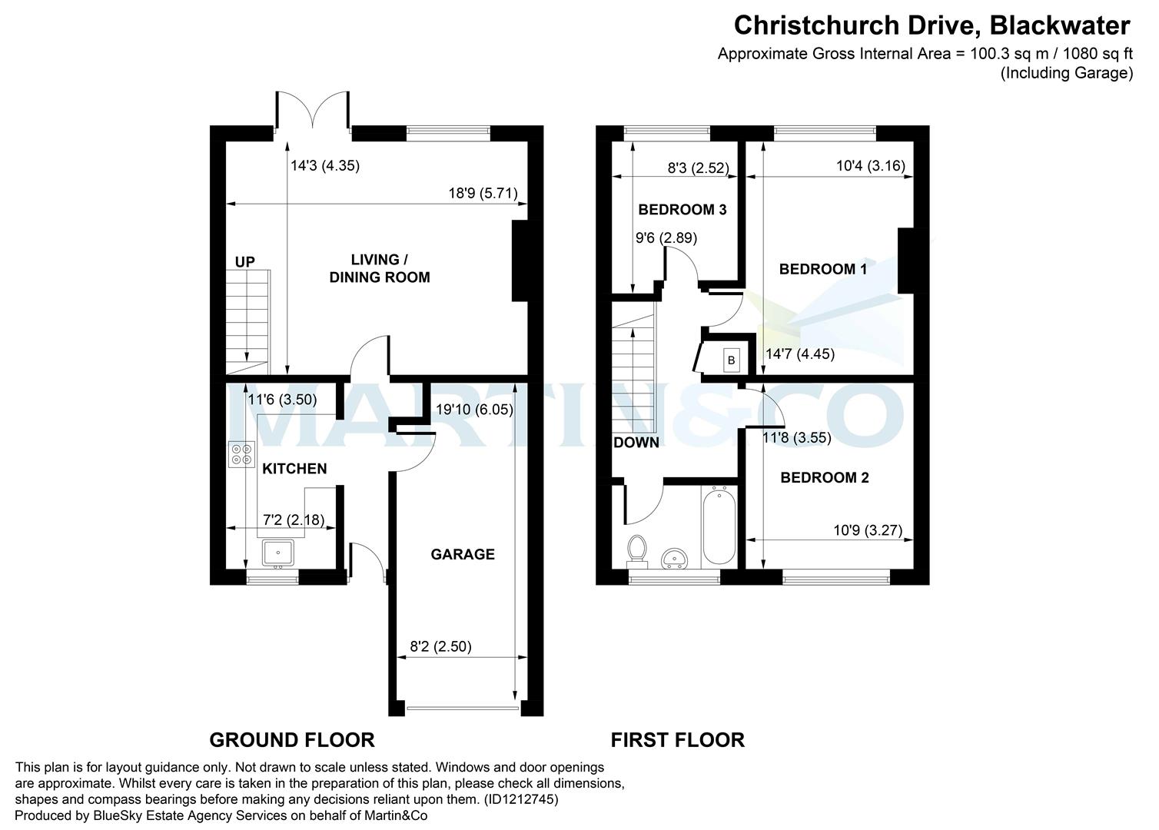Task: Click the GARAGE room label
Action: point(462,554)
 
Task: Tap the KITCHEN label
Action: point(294,469)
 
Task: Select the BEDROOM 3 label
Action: point(682,210)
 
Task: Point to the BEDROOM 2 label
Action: point(824,478)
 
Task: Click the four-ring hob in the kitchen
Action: point(241,455)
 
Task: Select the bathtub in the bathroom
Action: point(719,528)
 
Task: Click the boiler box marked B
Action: point(731,360)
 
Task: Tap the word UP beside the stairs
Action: point(244,263)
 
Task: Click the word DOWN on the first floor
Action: point(636,443)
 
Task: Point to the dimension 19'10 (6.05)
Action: point(474,410)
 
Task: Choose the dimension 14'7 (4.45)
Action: point(800,354)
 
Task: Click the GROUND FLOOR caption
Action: point(292,740)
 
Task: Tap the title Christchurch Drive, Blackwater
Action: point(932,26)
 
